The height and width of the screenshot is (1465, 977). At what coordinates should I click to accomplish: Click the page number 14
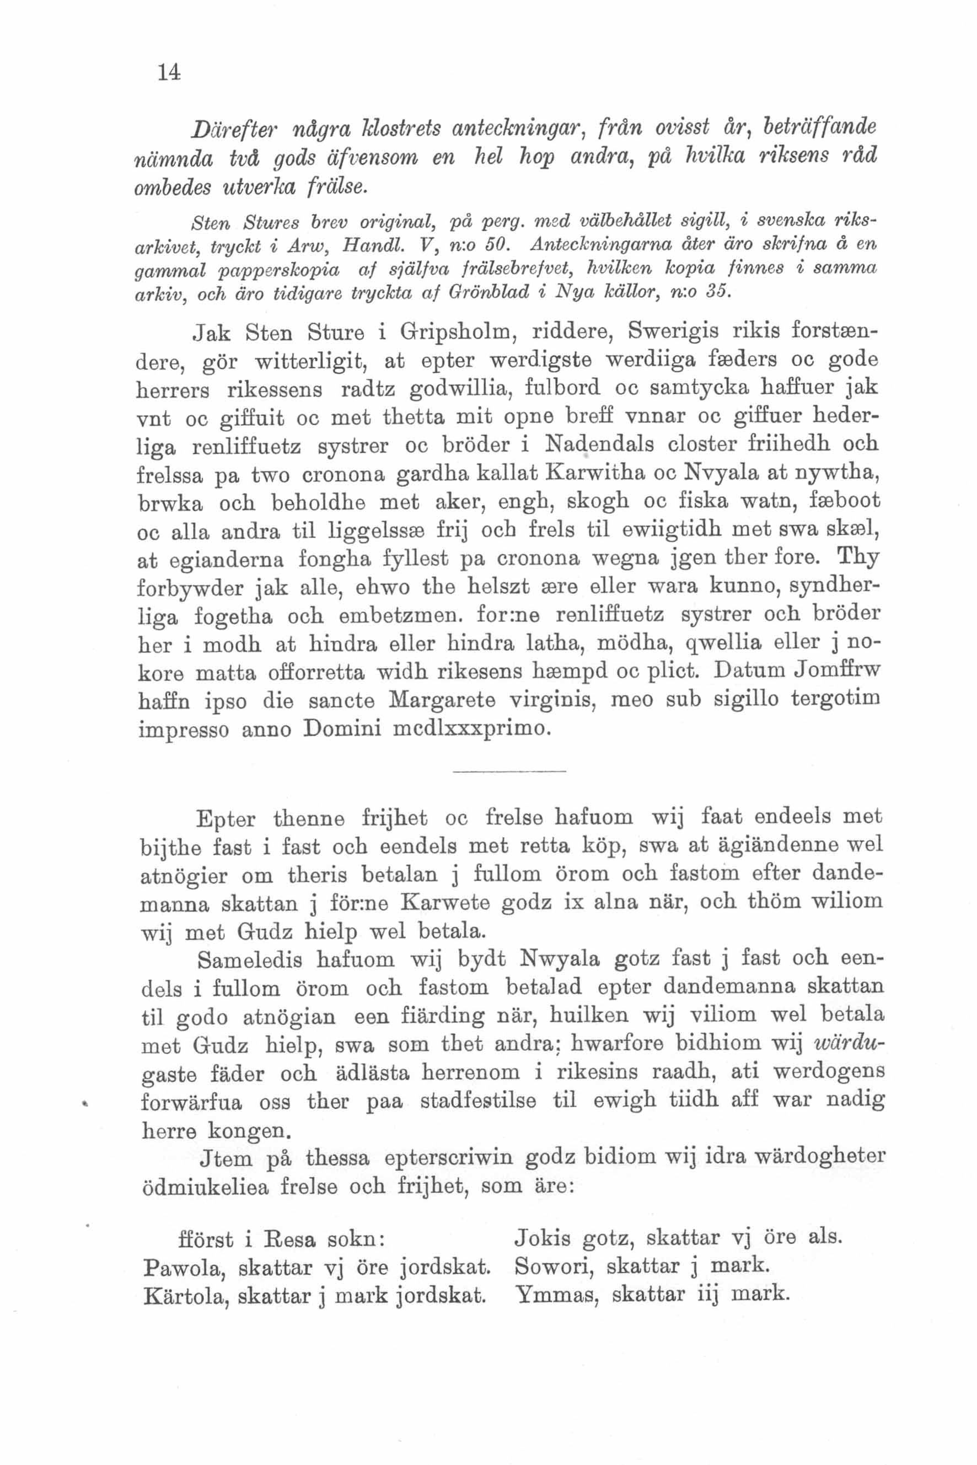coord(169,73)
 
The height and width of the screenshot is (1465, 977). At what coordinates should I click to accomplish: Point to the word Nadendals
coord(599,445)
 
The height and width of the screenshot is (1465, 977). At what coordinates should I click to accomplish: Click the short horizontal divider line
coord(509,772)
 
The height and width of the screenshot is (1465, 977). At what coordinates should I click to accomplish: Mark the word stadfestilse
coord(478,1101)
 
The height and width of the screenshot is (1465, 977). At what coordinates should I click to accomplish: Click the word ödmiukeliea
coord(205,1187)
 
